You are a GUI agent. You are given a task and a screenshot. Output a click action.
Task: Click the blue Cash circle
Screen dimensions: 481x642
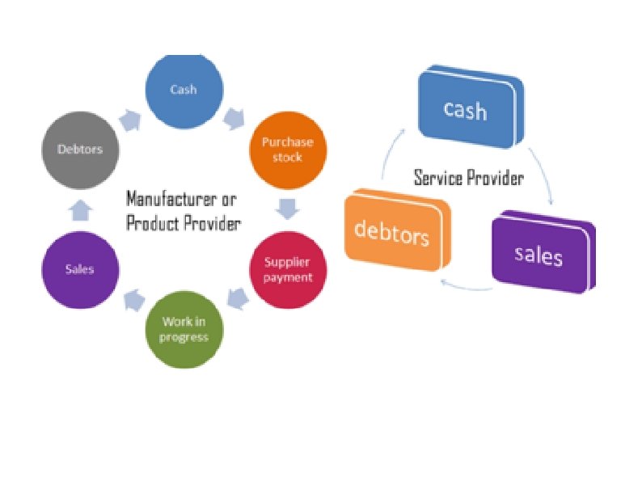tap(184, 90)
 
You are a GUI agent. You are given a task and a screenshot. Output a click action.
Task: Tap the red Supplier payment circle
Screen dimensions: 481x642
tap(287, 271)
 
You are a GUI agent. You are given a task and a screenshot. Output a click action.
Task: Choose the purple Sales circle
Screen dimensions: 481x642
tap(80, 270)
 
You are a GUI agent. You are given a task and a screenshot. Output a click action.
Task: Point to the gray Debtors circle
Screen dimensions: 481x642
tap(80, 150)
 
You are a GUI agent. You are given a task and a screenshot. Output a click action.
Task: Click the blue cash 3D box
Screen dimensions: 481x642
tap(465, 109)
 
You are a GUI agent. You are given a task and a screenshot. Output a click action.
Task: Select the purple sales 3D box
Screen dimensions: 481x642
tap(539, 255)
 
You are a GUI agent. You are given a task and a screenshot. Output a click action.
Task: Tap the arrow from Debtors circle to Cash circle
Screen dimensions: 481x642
tap(129, 119)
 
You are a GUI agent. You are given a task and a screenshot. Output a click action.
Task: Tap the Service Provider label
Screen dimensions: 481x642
tap(468, 177)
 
